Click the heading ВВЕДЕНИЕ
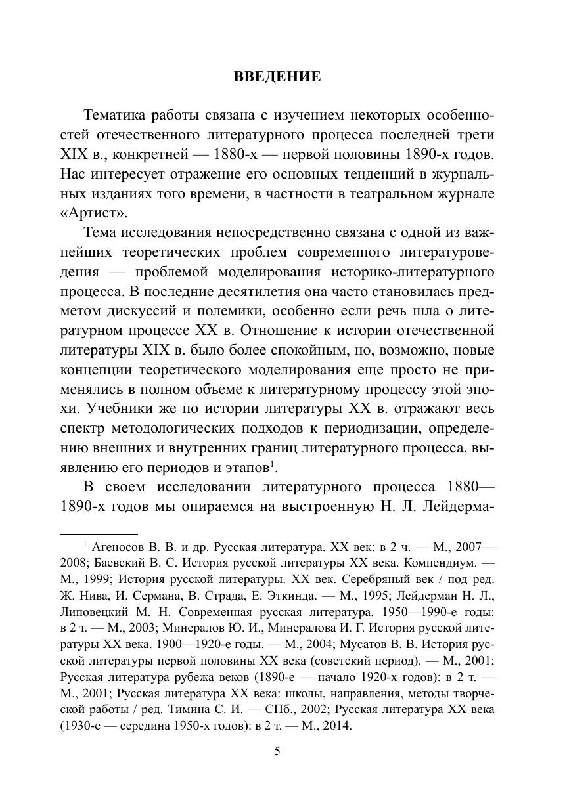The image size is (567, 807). coord(277,77)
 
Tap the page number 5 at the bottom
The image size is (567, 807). coord(277,752)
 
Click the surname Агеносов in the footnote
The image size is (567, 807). coord(121,546)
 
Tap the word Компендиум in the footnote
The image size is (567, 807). coord(434,563)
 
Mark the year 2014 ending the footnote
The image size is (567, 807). coord(336,726)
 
